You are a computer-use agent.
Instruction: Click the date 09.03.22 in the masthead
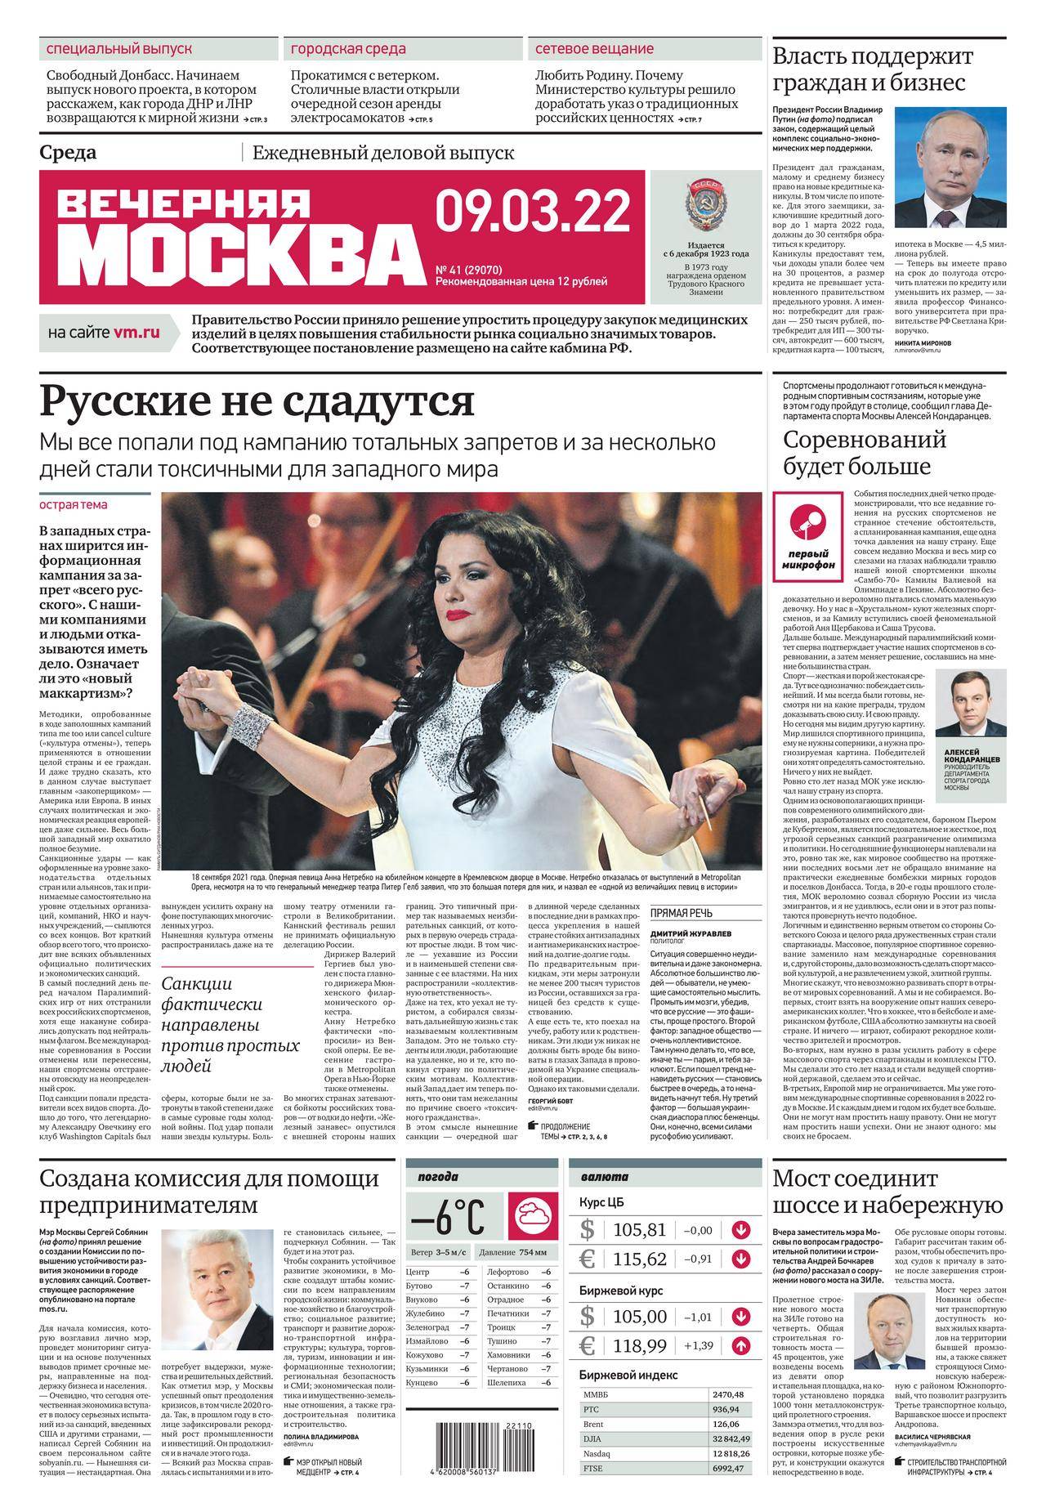pos(533,211)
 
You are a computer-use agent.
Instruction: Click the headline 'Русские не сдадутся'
pos(257,401)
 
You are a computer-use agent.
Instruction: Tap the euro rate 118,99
pos(645,1345)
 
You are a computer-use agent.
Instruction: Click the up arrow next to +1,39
pos(741,1345)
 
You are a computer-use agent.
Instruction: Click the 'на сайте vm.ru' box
pos(105,333)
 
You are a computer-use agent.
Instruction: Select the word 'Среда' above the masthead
pos(68,153)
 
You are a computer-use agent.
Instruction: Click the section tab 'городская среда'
pos(349,49)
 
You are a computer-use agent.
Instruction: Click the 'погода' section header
pos(438,1177)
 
